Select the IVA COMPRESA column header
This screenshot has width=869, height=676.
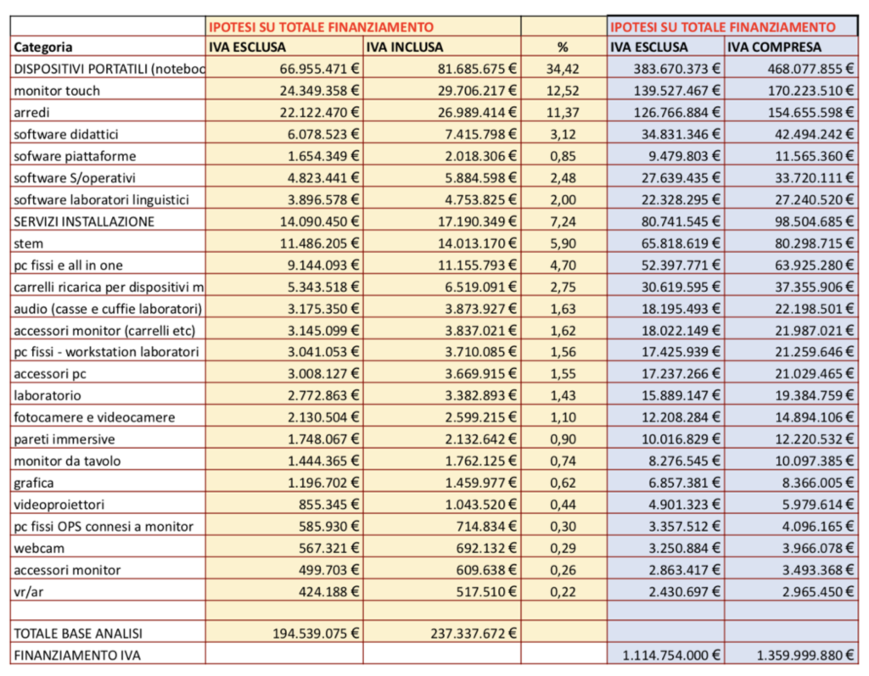[774, 47]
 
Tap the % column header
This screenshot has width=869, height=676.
[562, 47]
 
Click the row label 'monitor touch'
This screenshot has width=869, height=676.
[57, 91]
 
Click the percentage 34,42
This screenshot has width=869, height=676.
[562, 70]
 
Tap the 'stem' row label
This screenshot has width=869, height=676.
[30, 243]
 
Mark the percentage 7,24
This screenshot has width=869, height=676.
[563, 221]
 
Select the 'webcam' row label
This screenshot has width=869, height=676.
[39, 548]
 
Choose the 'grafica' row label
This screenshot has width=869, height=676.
[35, 483]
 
